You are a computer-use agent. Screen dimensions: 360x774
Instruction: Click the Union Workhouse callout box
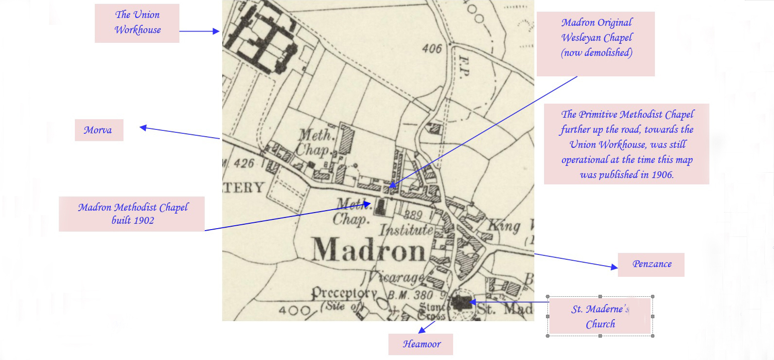137,23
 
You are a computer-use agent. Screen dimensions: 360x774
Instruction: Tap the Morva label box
99,130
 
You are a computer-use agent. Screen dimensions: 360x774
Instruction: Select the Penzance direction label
651,264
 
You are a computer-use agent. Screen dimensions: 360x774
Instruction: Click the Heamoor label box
421,344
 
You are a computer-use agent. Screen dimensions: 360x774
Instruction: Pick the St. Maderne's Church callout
600,316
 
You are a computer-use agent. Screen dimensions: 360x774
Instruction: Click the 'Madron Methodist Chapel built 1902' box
132,214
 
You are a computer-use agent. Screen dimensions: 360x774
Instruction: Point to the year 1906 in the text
662,175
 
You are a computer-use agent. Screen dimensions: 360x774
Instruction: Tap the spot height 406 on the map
432,48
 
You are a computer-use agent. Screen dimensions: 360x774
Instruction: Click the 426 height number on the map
244,163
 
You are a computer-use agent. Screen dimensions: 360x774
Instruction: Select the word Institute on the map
406,230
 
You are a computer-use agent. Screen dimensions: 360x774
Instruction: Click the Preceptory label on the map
344,293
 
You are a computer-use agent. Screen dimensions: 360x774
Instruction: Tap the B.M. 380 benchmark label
410,295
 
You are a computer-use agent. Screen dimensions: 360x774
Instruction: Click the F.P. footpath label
464,66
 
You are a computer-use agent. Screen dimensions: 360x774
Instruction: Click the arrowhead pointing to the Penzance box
615,267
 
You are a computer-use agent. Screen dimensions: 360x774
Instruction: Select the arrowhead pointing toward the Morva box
142,127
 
